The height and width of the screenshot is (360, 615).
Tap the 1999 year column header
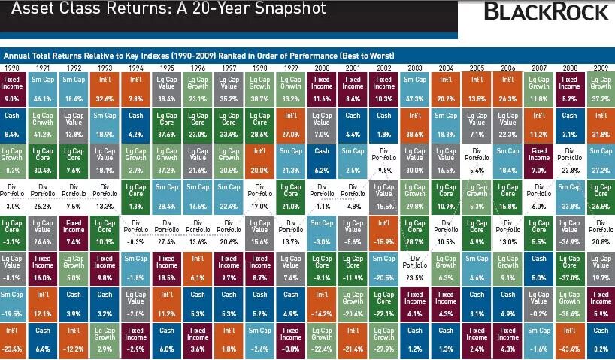[290, 68]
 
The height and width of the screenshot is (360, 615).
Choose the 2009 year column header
[601, 68]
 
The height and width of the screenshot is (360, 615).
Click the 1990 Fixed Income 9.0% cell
[14, 88]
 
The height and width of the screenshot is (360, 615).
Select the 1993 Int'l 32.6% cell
[105, 88]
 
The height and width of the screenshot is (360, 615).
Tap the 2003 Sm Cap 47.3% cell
[414, 88]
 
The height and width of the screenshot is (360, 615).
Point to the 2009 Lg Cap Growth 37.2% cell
[601, 88]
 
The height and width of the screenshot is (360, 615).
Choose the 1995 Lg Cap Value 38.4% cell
[166, 88]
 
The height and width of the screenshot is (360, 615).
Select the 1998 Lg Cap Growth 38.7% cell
[259, 88]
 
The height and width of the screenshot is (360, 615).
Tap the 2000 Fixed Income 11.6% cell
[322, 88]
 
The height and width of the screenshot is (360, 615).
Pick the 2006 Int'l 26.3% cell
[508, 88]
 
